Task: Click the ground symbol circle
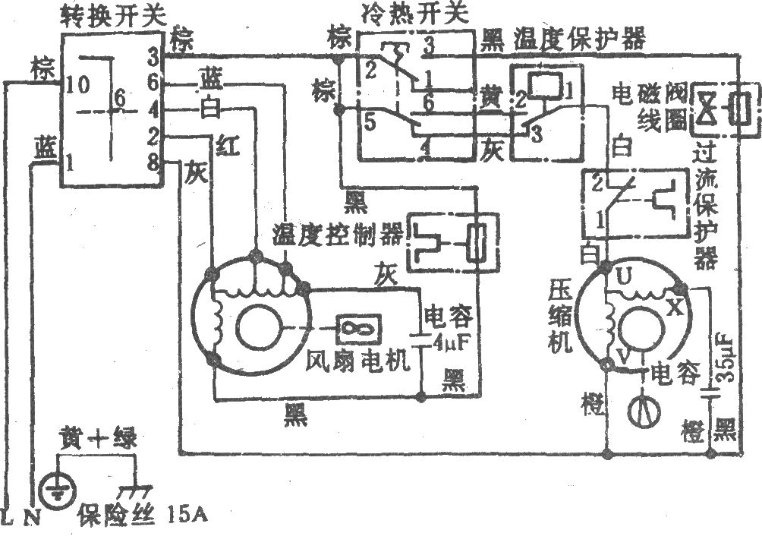(x=55, y=486)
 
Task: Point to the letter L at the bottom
(x=7, y=519)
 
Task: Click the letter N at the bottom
(x=31, y=519)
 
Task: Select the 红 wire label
(x=225, y=146)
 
